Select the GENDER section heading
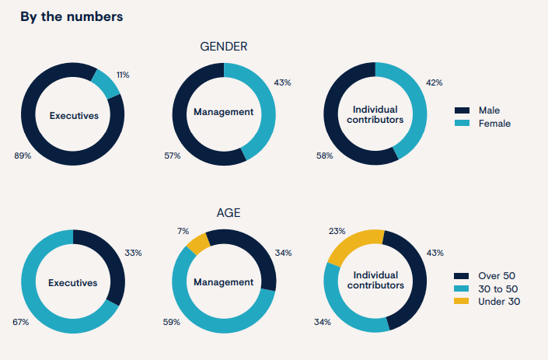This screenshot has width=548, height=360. click(x=224, y=47)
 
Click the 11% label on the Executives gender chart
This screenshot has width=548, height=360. click(x=123, y=75)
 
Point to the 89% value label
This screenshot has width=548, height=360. click(x=23, y=156)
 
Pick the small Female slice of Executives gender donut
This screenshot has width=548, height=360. click(x=106, y=82)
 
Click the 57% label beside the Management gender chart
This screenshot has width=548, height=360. click(x=172, y=156)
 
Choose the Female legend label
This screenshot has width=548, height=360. click(x=494, y=123)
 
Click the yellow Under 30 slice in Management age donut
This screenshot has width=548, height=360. click(x=196, y=244)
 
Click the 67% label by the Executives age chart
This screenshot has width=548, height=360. click(x=20, y=321)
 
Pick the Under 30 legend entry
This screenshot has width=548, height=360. click(x=499, y=301)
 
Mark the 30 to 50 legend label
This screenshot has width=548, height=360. click(x=497, y=288)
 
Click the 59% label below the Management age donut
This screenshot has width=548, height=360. click(x=172, y=321)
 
